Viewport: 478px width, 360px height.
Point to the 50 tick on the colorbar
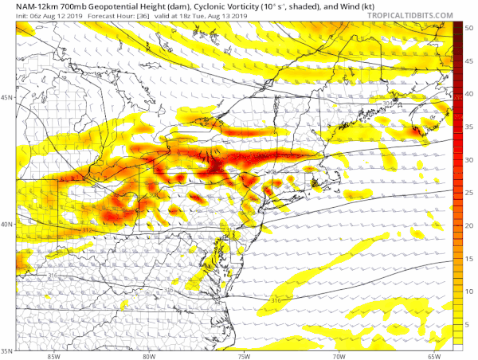click(x=471, y=27)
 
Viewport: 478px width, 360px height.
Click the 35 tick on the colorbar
click(x=471, y=127)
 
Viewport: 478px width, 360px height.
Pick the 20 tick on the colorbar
click(x=471, y=226)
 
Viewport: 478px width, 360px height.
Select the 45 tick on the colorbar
click(x=471, y=61)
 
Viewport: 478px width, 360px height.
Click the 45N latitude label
click(x=7, y=98)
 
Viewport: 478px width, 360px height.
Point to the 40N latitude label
click(x=7, y=225)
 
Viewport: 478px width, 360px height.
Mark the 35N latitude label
click(x=7, y=350)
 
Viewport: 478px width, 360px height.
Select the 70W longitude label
click(x=341, y=355)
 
